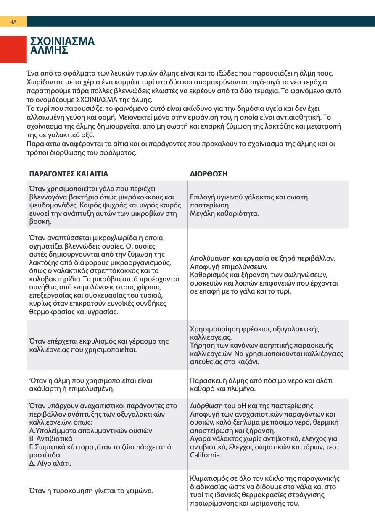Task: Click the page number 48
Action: pyautogui.click(x=13, y=22)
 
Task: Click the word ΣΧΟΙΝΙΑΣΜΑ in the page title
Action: pyautogui.click(x=63, y=41)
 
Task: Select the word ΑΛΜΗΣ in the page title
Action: pyautogui.click(x=49, y=50)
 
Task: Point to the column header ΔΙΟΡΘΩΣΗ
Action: pyautogui.click(x=209, y=174)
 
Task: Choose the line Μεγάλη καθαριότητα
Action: pyautogui.click(x=224, y=213)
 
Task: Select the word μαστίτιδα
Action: pyautogui.click(x=45, y=455)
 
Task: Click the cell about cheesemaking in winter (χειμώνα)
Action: pyautogui.click(x=90, y=491)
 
